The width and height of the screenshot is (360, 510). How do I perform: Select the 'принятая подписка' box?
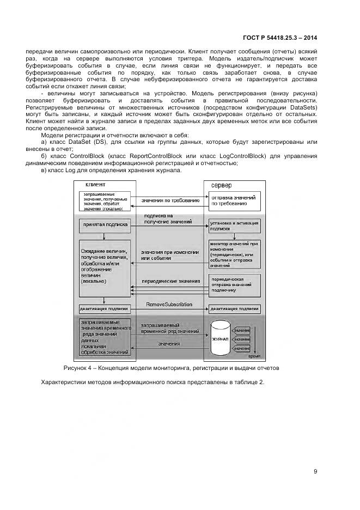[105, 224]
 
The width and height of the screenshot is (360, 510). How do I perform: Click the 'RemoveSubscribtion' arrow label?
[169, 305]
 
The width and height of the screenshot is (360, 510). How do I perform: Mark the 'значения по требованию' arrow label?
[169, 201]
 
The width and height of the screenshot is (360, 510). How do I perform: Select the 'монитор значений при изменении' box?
[235, 253]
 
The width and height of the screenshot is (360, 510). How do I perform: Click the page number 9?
[315, 472]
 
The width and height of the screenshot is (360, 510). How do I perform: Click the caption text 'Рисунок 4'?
[79, 368]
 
